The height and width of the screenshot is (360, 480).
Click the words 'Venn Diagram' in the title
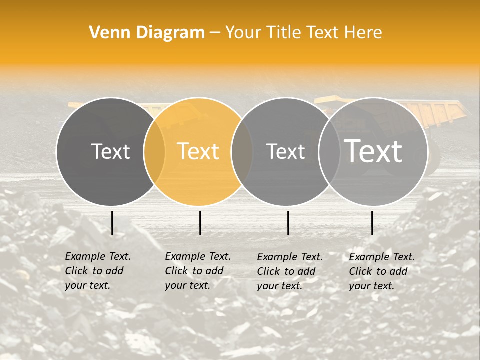pos(147,33)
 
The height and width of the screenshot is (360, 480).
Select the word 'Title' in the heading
pos(283,33)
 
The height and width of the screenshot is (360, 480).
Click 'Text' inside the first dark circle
pos(110,151)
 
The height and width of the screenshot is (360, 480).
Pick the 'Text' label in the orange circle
pos(198,151)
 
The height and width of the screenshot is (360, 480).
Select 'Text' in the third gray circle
pos(285,151)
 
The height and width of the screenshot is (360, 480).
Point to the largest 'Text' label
pos(373,151)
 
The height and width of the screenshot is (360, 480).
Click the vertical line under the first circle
pos(112,223)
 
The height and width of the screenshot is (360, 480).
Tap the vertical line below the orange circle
pos(200,223)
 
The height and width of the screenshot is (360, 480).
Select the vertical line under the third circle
pos(288,223)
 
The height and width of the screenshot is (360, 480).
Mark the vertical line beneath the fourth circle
pos(372,223)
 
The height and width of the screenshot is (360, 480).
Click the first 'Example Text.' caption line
pos(98,256)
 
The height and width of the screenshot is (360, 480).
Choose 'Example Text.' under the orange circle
pos(198,256)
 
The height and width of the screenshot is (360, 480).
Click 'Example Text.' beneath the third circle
pos(290,257)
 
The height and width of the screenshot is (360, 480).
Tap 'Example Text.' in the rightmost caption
pos(382,257)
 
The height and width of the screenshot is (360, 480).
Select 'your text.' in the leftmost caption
pos(87,285)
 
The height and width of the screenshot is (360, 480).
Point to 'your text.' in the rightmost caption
pos(371,286)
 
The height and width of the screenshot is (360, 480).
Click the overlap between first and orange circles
pos(154,151)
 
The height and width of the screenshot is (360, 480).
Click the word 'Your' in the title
pos(243,33)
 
